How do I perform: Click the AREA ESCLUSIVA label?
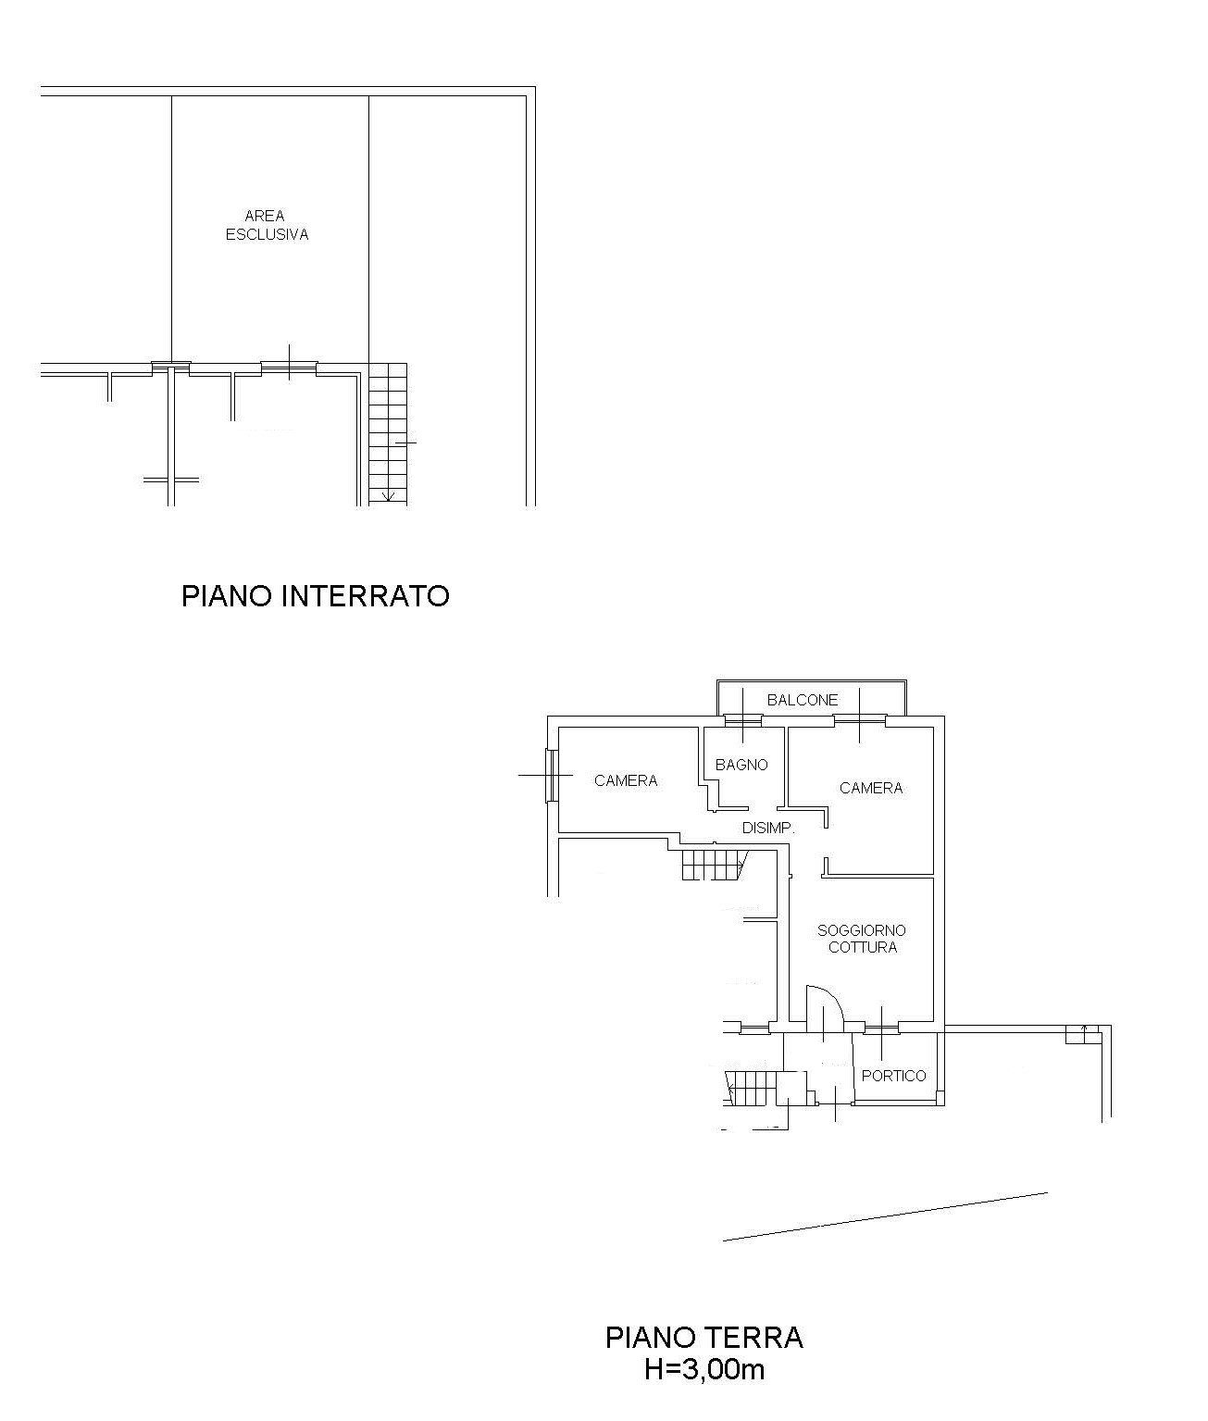tap(267, 226)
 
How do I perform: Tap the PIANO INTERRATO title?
tap(316, 596)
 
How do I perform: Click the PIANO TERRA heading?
tap(704, 1338)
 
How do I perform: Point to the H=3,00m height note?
tap(704, 1370)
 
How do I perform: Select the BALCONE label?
tap(803, 700)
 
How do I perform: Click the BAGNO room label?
tap(741, 765)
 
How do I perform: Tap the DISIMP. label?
tap(768, 829)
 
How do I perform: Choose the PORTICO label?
tap(894, 1076)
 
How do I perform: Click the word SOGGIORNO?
tap(862, 930)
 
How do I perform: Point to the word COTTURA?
tap(863, 947)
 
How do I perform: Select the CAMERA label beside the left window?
tap(626, 780)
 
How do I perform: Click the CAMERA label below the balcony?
tap(871, 788)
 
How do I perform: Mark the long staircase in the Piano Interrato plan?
tap(388, 434)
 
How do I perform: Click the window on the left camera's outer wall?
tap(551, 776)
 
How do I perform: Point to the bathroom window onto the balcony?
tap(743, 721)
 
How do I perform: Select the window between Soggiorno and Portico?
tap(881, 1029)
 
